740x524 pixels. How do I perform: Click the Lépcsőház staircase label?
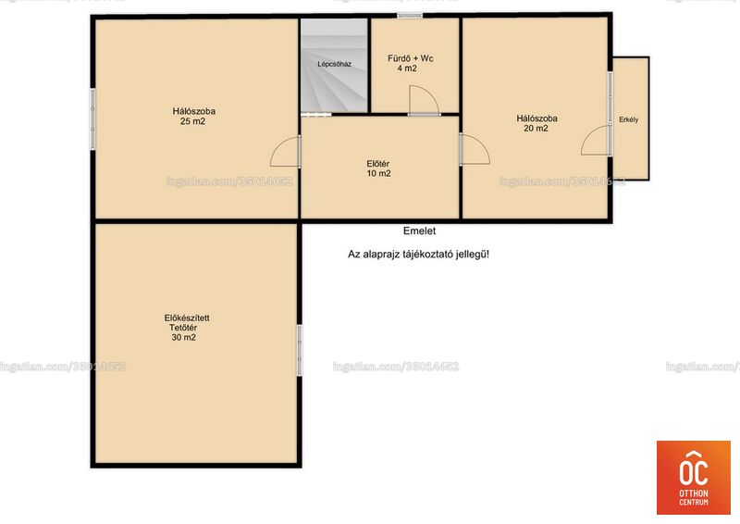tap(334, 64)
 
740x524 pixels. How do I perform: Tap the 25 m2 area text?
tap(192, 121)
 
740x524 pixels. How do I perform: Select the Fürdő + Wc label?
tap(410, 58)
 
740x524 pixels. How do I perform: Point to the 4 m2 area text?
tap(407, 69)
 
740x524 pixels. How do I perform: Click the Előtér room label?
tap(378, 164)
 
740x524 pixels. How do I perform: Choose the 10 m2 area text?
tap(378, 173)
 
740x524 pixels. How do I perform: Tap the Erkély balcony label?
tap(629, 120)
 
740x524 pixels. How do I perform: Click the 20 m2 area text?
tap(536, 129)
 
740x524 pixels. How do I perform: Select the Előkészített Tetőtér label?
tap(187, 323)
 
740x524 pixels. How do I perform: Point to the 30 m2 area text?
tap(183, 337)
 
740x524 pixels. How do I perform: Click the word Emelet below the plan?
tap(419, 231)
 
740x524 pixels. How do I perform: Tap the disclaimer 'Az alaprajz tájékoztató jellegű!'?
tap(418, 255)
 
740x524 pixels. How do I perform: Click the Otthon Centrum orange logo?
tap(693, 477)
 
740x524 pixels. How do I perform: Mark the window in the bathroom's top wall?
tap(410, 16)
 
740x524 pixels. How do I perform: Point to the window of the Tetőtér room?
tap(299, 350)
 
